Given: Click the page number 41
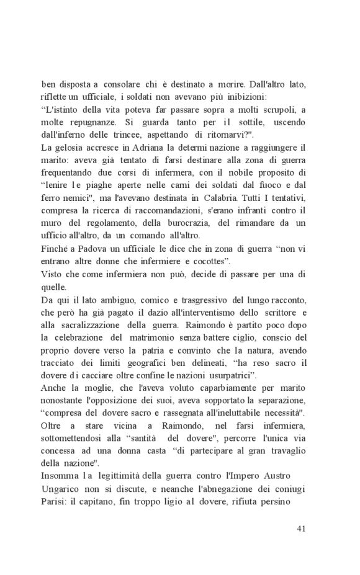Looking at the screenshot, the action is pyautogui.click(x=300, y=529).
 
